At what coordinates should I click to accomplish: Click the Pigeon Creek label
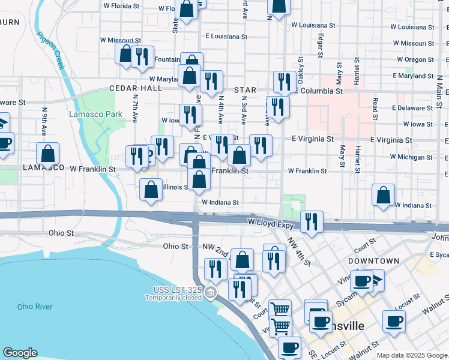50,51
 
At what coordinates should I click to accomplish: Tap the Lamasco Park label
90,115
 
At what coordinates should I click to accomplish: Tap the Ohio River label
35,307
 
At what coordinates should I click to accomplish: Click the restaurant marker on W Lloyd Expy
312,221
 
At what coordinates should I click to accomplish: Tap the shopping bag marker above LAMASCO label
48,153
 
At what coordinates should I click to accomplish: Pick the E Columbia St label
318,91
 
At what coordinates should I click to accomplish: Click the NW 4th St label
299,251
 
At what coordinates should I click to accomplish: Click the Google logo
20,353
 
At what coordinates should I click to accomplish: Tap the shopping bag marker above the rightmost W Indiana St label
383,194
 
